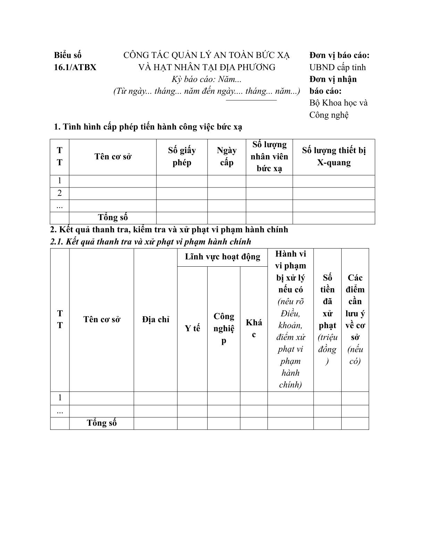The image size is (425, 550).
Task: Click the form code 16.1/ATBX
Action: (x=75, y=67)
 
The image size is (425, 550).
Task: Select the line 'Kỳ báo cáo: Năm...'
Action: (x=206, y=79)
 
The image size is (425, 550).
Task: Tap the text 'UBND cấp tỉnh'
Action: (x=337, y=67)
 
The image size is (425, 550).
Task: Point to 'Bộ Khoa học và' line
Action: (x=338, y=103)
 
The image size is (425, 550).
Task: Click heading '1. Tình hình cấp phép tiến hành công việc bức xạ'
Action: (x=148, y=127)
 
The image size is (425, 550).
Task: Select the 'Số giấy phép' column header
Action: (x=182, y=157)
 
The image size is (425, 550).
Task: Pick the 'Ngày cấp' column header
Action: (x=226, y=157)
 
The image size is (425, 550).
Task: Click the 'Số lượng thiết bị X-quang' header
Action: (x=334, y=157)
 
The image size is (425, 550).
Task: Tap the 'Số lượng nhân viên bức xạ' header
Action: (x=269, y=157)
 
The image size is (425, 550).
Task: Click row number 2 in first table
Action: (x=59, y=193)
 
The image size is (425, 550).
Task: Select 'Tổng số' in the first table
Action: (x=113, y=218)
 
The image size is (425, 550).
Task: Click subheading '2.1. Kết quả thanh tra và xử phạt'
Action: (x=150, y=242)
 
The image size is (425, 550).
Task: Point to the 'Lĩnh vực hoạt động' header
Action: (x=222, y=257)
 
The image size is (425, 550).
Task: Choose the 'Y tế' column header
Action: (x=192, y=328)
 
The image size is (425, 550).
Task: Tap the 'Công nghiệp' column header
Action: (x=224, y=328)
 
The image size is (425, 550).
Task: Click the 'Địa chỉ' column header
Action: (x=156, y=320)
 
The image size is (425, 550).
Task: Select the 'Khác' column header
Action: (x=254, y=328)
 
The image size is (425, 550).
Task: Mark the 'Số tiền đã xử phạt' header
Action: (x=327, y=319)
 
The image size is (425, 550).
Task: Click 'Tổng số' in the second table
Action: (x=102, y=423)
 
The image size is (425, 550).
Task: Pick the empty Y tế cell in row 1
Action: (x=192, y=398)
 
